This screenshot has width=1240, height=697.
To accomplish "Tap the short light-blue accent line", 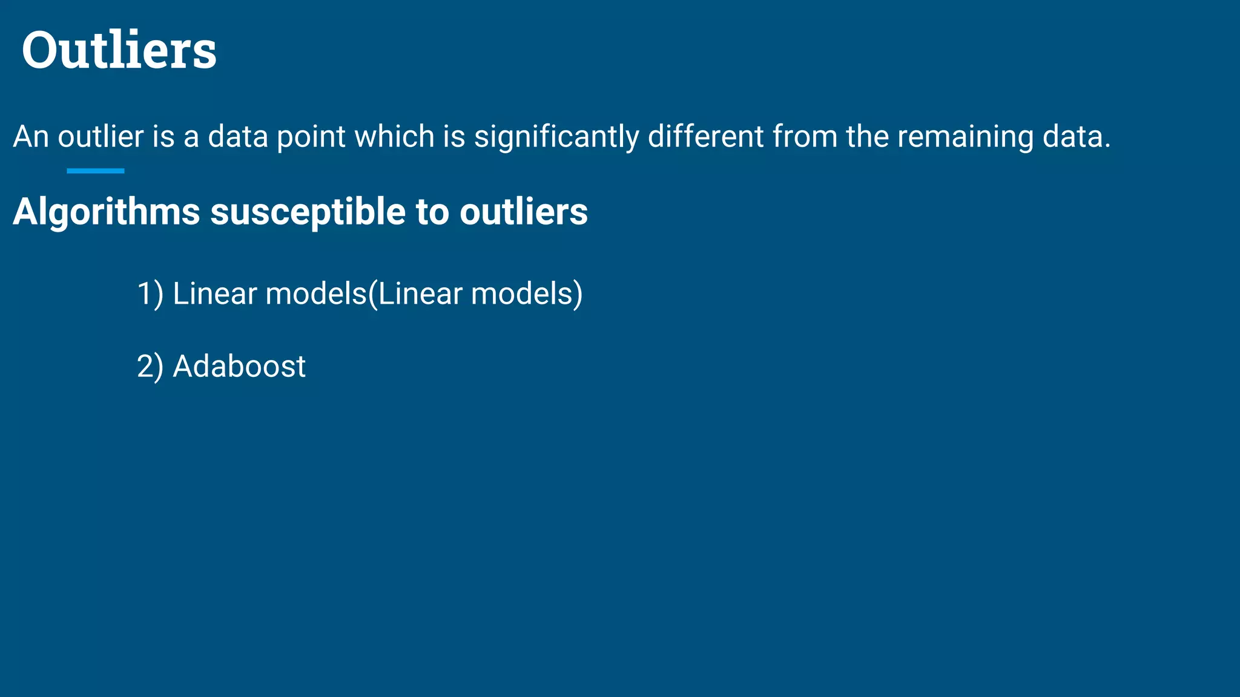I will pyautogui.click(x=95, y=171).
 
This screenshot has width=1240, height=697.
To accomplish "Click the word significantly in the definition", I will pyautogui.click(x=556, y=137).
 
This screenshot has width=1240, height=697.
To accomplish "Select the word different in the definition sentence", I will pyautogui.click(x=705, y=137).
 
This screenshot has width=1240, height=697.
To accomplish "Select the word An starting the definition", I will pyautogui.click(x=31, y=137).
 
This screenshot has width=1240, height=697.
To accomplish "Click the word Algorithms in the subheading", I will pyautogui.click(x=107, y=212).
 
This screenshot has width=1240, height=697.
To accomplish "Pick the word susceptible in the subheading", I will pyautogui.click(x=308, y=212).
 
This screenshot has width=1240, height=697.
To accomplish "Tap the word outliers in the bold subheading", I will pyautogui.click(x=523, y=212).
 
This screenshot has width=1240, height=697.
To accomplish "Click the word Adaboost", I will pyautogui.click(x=239, y=367).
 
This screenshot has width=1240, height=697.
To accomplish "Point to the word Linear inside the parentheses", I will pyautogui.click(x=420, y=294).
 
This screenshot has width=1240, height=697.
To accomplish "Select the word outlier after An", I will pyautogui.click(x=101, y=137).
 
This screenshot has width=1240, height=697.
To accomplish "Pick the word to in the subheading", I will pyautogui.click(x=432, y=212).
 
